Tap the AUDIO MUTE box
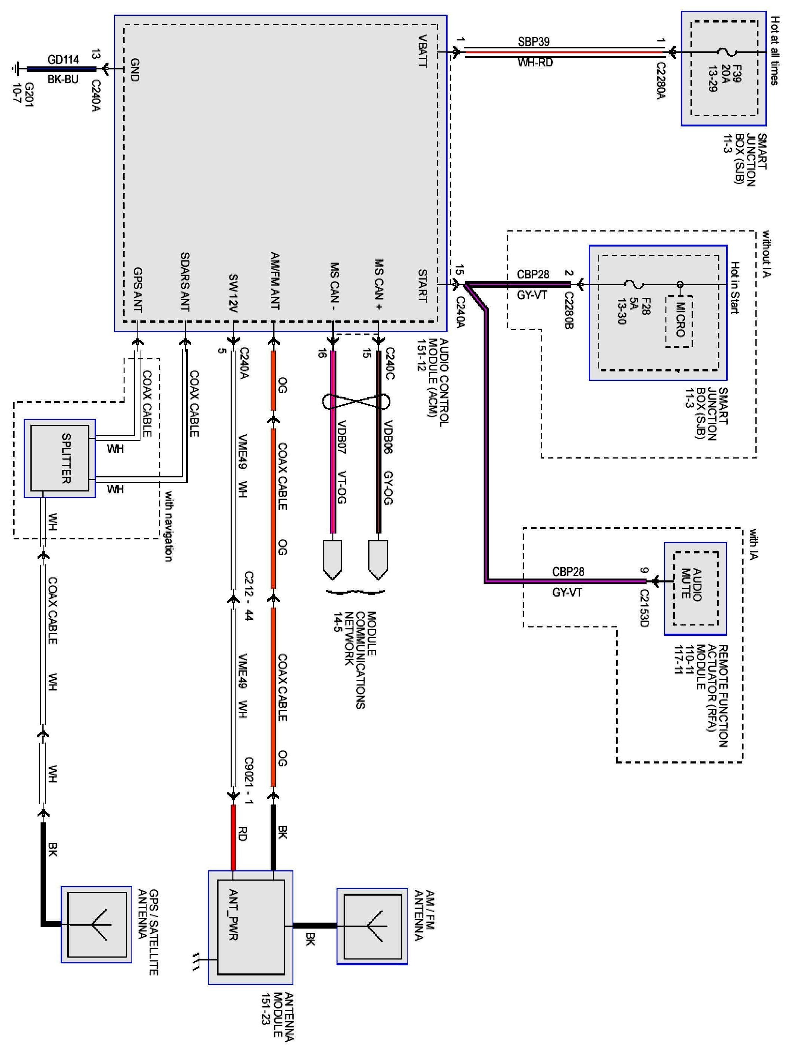(695, 589)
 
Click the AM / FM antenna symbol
(372, 926)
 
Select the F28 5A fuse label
(640, 310)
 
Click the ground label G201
(24, 95)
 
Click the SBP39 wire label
(534, 42)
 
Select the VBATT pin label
(422, 51)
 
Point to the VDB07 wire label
(341, 437)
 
